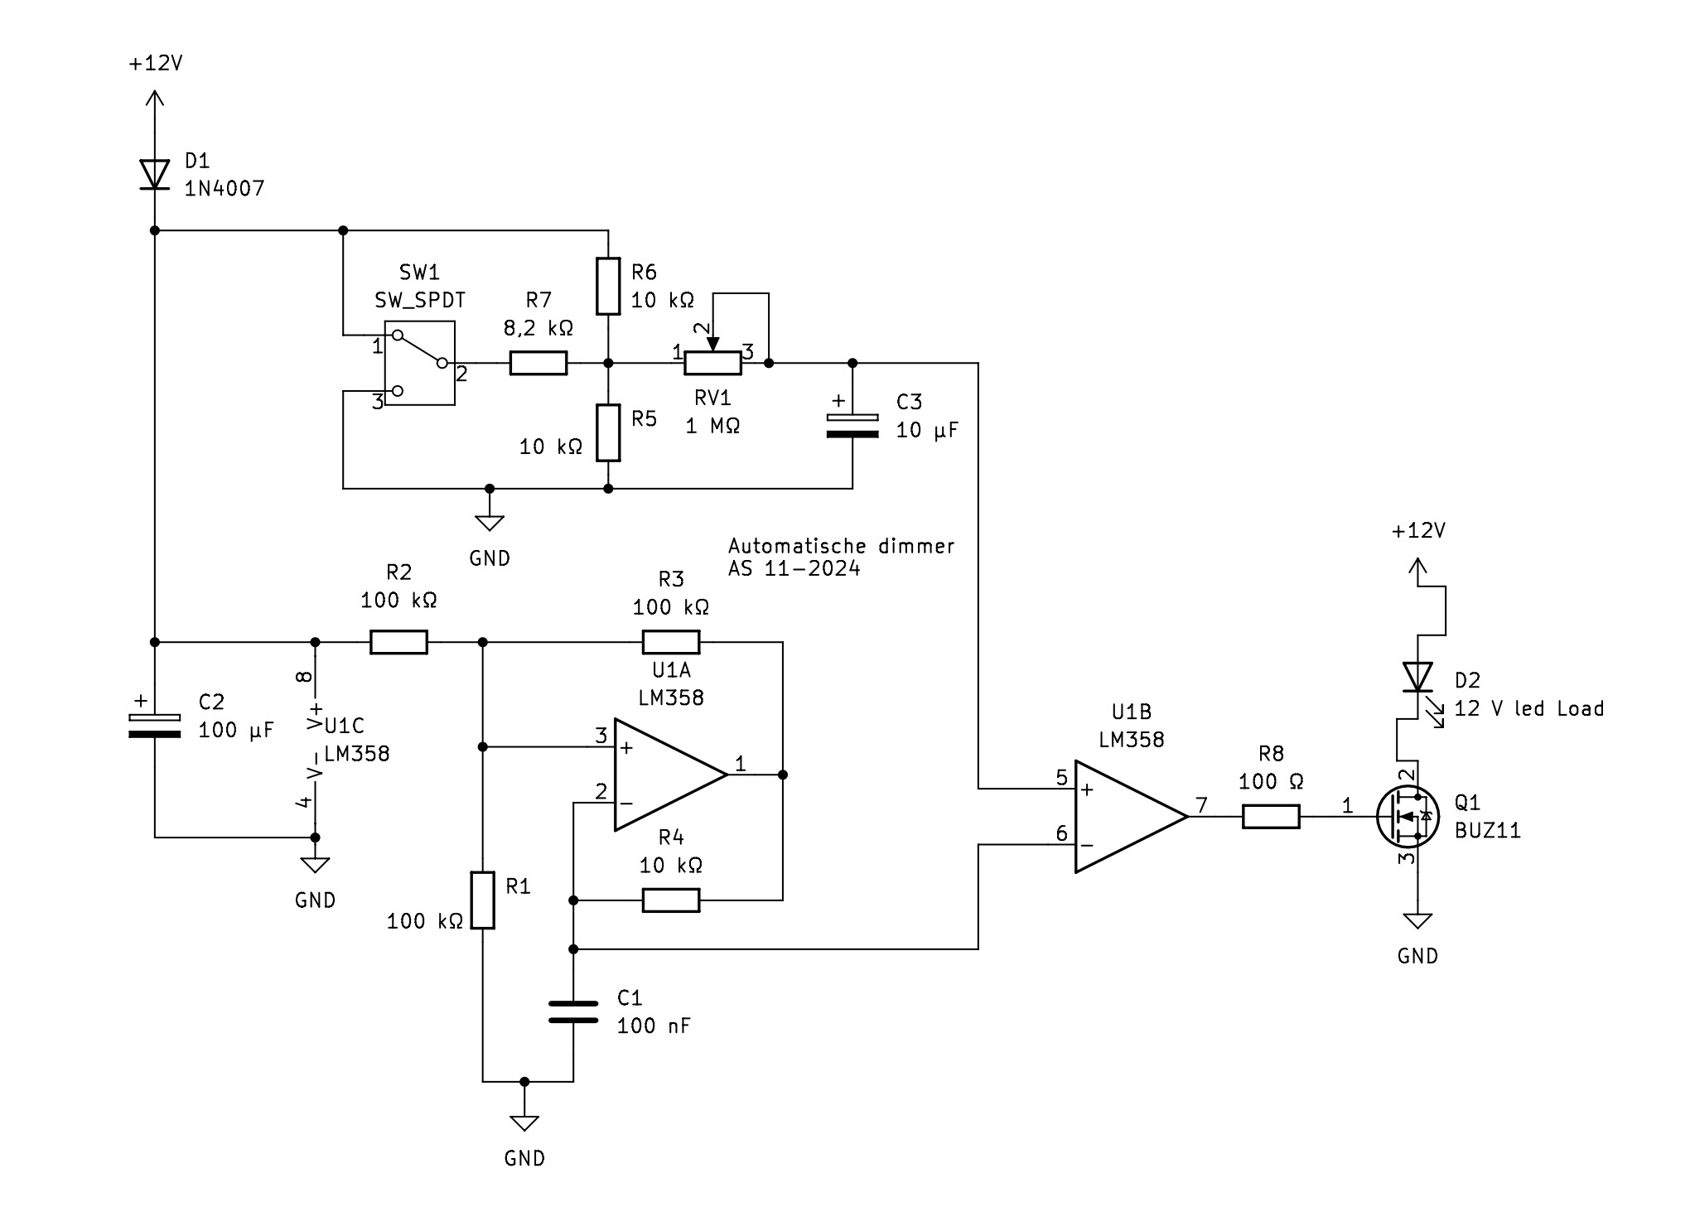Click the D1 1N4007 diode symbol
point(154,174)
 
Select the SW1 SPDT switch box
point(419,363)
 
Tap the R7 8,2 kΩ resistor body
point(538,363)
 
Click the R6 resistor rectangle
point(608,287)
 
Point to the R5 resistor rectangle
point(608,432)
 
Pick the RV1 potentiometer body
point(712,363)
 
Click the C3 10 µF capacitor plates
point(852,424)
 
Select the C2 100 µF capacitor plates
point(154,725)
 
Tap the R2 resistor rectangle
point(398,642)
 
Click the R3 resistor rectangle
point(671,642)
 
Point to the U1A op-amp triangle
point(670,775)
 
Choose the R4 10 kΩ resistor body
point(671,900)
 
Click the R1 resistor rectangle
point(483,900)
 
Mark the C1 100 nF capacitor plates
point(573,1011)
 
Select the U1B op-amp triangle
point(1132,817)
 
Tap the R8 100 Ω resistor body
point(1271,817)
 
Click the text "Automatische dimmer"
point(841,546)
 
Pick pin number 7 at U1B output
point(1201,804)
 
